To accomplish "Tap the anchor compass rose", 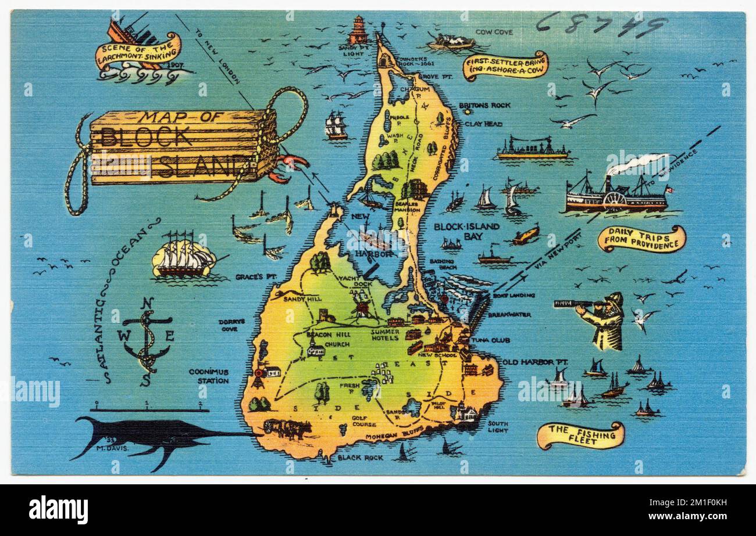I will point(146,339).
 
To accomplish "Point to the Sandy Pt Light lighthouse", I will point(358,30).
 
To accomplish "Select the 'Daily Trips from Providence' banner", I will point(641,239).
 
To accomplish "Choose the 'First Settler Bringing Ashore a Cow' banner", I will point(505,66).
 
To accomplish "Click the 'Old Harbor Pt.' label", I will point(535,362).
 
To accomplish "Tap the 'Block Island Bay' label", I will point(466,231).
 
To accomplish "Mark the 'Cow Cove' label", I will point(494,33).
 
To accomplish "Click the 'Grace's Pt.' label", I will point(255,277).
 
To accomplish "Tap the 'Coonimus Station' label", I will point(208,376).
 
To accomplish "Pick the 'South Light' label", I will point(498,427).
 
